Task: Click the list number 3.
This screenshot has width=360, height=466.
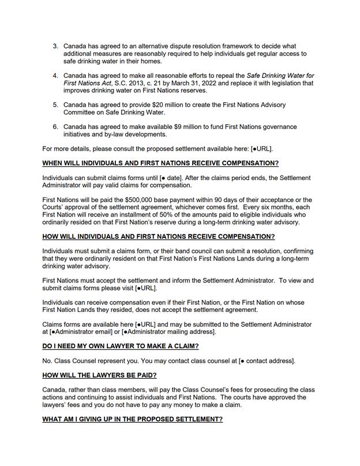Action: pos(55,46)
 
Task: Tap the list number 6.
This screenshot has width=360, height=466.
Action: pos(55,127)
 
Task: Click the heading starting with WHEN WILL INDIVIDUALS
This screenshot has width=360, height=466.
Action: pos(160,163)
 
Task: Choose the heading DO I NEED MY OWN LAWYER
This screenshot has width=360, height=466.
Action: pos(121,346)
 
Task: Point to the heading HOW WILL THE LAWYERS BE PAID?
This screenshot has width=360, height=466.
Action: pos(99,375)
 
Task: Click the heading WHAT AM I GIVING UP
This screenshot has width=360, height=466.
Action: pos(133,419)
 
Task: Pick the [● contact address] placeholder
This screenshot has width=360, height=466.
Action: pos(266,361)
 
